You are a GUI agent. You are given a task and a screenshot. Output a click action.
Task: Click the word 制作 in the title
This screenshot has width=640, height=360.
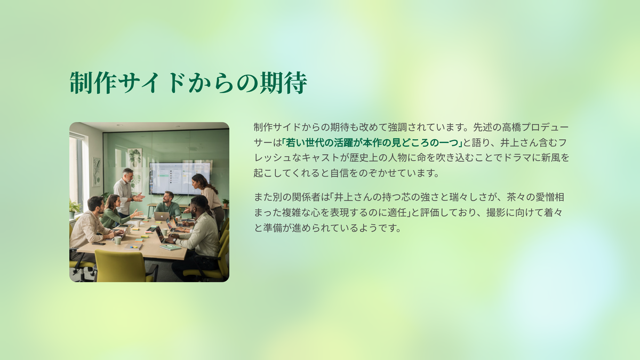click(93, 83)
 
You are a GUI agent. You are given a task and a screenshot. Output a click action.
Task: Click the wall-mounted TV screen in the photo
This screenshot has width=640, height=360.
click(180, 178)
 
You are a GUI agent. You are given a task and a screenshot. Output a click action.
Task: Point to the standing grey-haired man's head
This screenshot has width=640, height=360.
click(127, 174)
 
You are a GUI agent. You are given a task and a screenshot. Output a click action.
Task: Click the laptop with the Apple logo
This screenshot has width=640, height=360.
click(162, 216)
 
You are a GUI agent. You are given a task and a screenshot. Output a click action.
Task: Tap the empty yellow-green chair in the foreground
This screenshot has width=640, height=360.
click(123, 266)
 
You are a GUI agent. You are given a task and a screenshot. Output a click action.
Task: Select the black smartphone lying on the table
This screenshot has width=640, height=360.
click(99, 243)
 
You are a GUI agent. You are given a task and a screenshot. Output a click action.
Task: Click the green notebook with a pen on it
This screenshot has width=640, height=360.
click(171, 247)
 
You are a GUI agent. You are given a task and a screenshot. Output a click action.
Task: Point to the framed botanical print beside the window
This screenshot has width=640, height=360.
click(97, 172)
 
